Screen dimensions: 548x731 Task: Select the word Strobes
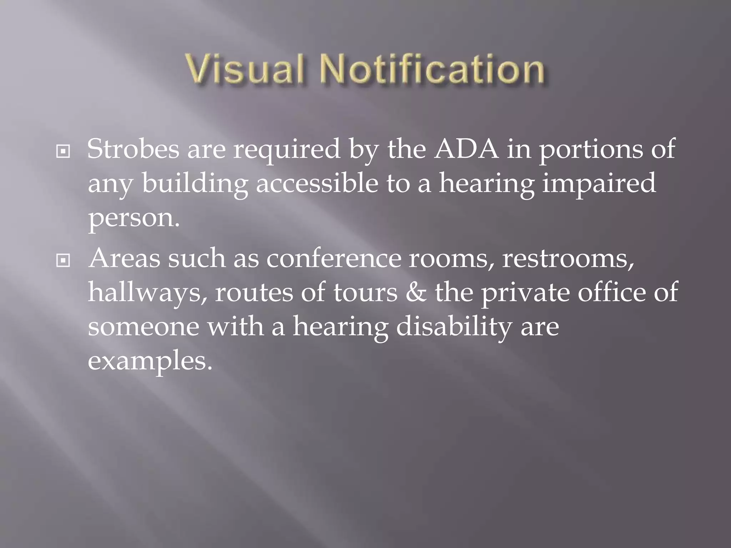pyautogui.click(x=133, y=149)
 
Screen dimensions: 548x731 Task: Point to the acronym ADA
pyautogui.click(x=466, y=149)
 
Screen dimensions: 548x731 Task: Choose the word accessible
pyautogui.click(x=317, y=183)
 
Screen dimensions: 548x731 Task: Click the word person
pyautogui.click(x=133, y=218)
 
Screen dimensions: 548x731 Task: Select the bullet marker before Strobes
pyautogui.click(x=63, y=152)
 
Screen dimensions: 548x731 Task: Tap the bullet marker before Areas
pyautogui.click(x=63, y=261)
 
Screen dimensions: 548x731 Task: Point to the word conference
pyautogui.click(x=334, y=258)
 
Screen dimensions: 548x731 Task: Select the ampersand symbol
pyautogui.click(x=416, y=292)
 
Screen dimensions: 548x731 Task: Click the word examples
pyautogui.click(x=150, y=361)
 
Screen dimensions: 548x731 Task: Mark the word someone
pyautogui.click(x=143, y=327)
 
